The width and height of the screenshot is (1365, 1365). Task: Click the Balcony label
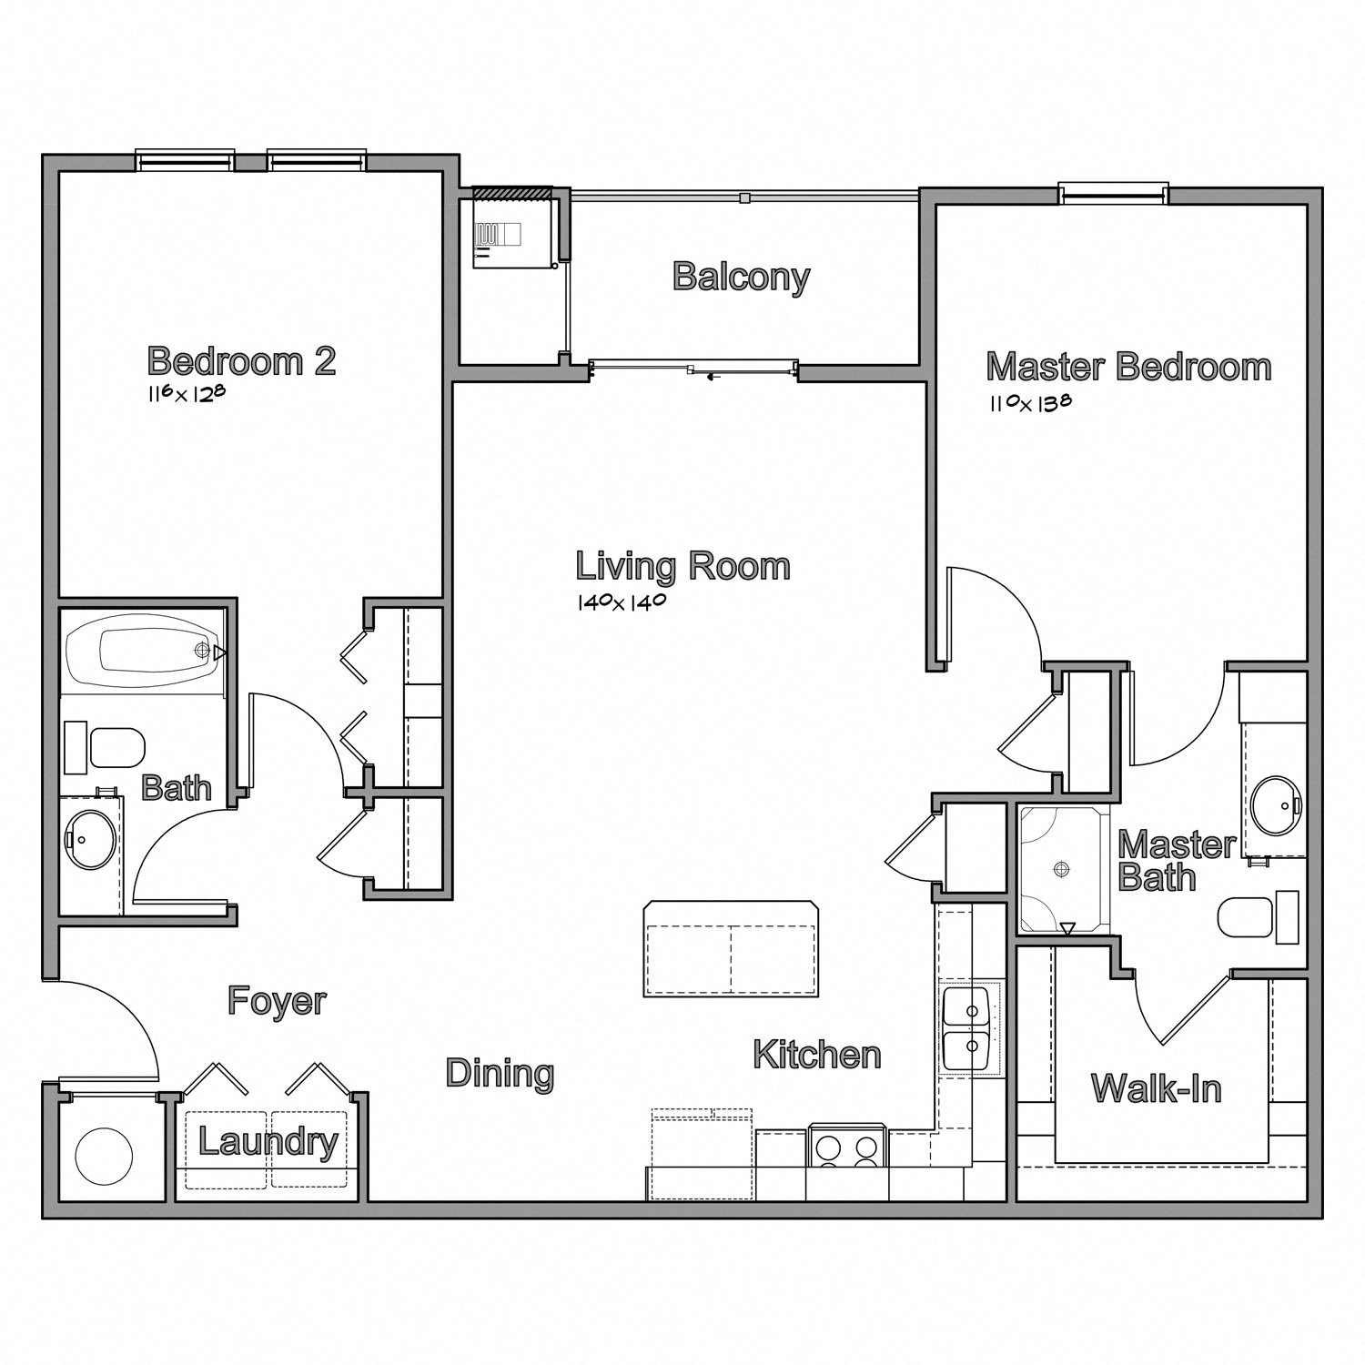click(x=741, y=277)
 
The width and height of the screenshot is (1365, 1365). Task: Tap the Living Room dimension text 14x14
click(x=622, y=602)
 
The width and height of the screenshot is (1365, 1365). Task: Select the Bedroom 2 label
click(x=241, y=361)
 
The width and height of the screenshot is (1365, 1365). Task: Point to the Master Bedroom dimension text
click(x=1030, y=402)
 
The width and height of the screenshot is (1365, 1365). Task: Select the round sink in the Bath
click(x=90, y=839)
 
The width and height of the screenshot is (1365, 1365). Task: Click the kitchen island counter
click(x=731, y=949)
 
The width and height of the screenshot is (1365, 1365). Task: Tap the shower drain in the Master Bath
click(x=1060, y=869)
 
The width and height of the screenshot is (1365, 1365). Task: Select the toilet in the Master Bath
click(x=1247, y=918)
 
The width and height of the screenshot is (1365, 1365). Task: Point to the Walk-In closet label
click(x=1156, y=1088)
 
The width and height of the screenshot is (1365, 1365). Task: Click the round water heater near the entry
click(x=104, y=1155)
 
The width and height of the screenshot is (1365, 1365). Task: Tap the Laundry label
click(x=268, y=1141)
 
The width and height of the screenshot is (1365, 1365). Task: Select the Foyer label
click(x=277, y=1000)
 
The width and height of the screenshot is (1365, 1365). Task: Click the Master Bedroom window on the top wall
click(x=1113, y=193)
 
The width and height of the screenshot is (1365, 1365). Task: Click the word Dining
click(x=500, y=1073)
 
